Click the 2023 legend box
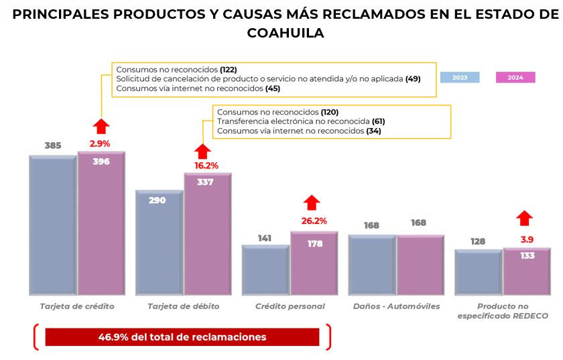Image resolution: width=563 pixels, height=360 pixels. [460, 77]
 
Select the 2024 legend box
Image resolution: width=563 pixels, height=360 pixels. [515, 77]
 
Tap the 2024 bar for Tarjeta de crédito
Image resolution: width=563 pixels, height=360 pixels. [101, 225]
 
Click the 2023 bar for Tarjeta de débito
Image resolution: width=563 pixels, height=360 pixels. [160, 243]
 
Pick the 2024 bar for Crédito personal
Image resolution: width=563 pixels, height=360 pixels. [314, 263]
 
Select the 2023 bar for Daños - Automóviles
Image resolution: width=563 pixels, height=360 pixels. [372, 265]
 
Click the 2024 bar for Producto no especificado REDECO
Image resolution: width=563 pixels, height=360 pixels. [527, 272]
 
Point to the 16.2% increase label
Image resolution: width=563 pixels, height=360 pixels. [206, 165]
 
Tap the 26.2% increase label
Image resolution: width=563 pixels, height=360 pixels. [314, 221]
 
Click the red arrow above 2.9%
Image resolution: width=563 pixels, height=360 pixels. [101, 126]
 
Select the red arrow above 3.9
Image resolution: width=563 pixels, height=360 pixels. [525, 218]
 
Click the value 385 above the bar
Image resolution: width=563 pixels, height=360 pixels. [53, 145]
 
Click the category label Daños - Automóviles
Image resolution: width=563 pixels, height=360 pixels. [396, 306]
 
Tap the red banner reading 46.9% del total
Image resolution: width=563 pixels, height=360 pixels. [182, 337]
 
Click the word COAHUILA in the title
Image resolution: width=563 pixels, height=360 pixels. [286, 33]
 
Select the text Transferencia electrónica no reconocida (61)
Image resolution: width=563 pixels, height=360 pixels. [301, 121]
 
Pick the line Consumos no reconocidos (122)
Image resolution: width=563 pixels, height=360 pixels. [176, 69]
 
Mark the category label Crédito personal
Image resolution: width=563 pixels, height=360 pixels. [290, 306]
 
